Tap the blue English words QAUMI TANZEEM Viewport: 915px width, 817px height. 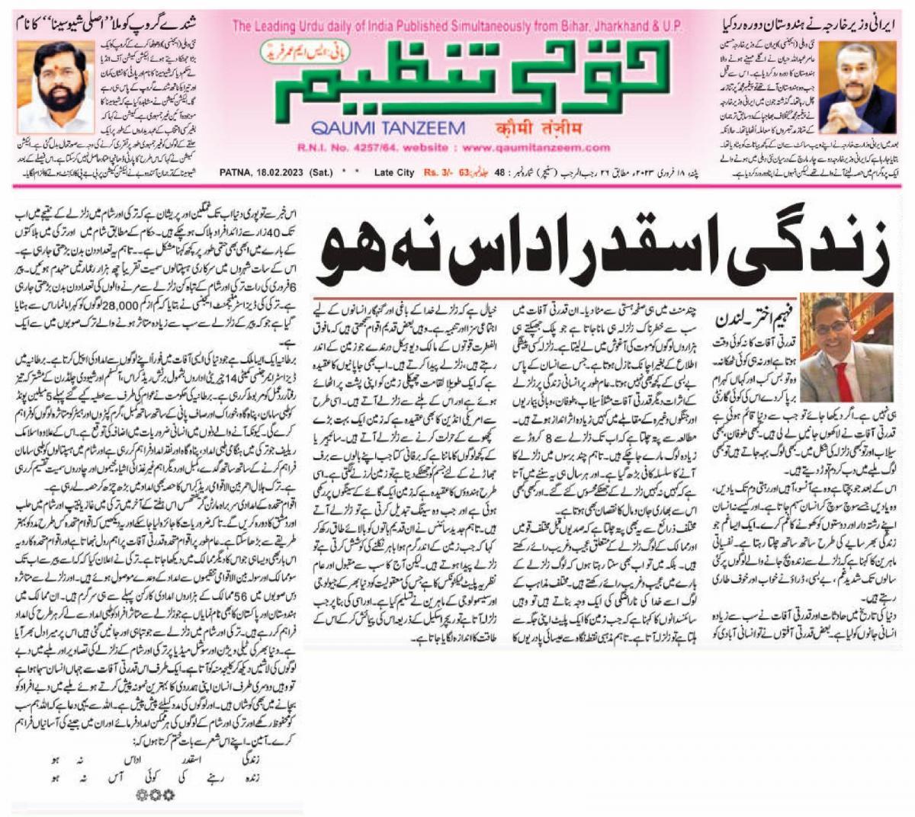click(x=387, y=128)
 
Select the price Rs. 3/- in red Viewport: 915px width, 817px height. click(x=438, y=173)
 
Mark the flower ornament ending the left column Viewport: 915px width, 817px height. click(x=152, y=793)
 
